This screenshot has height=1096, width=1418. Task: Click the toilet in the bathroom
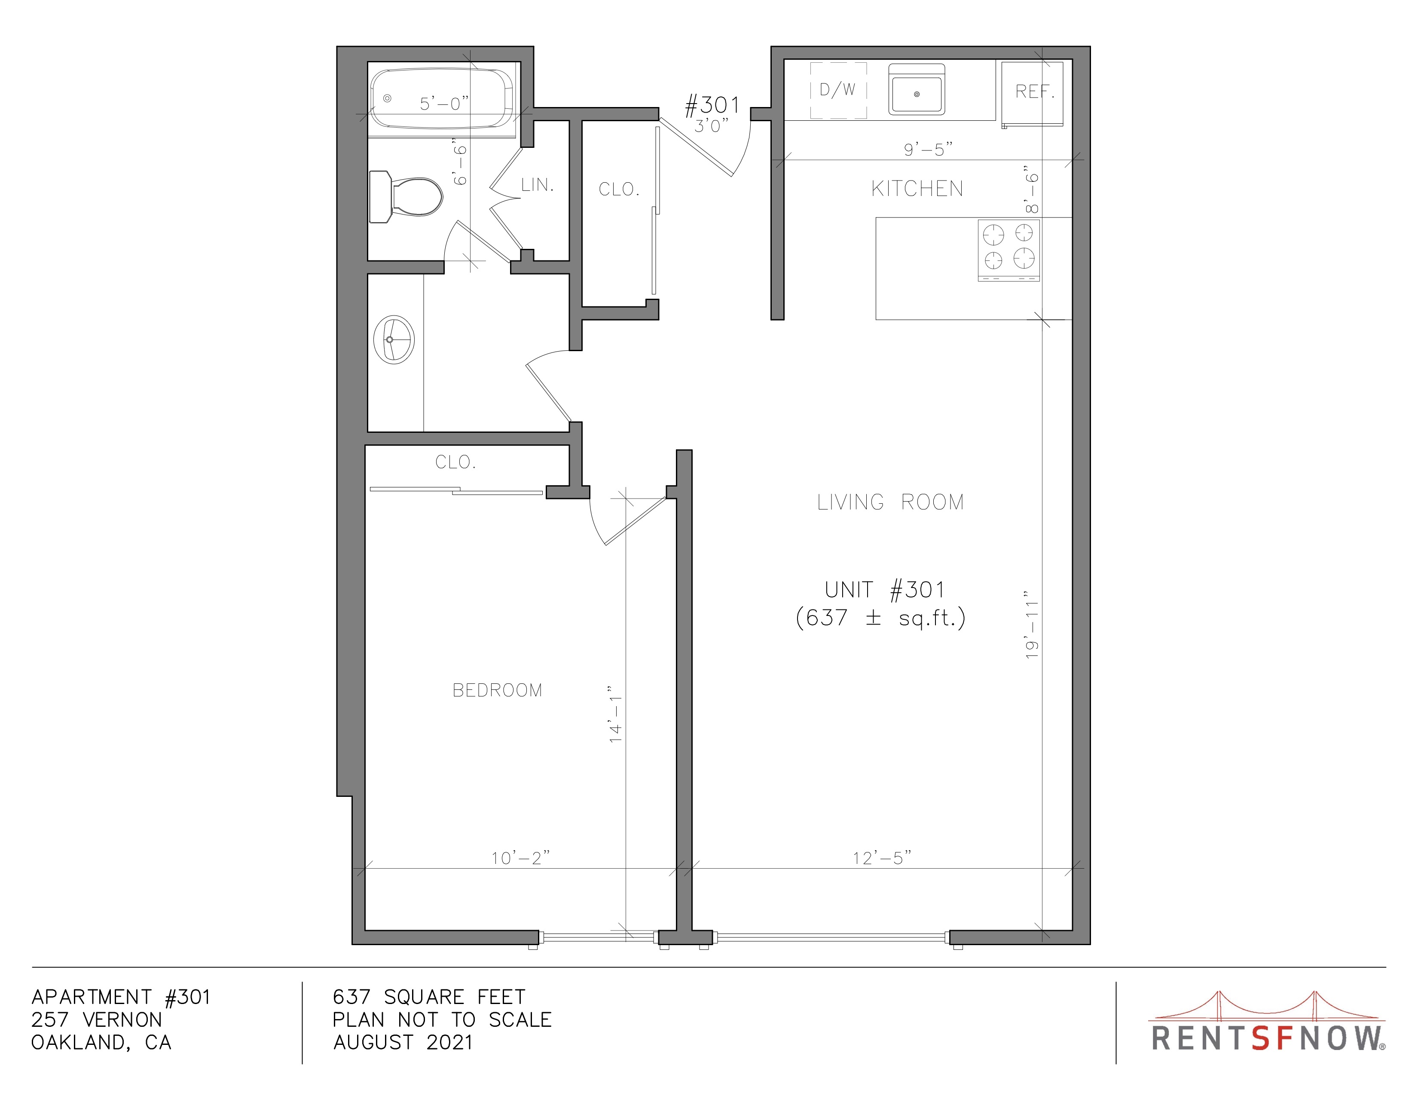pos(405,196)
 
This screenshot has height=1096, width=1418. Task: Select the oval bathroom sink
pos(394,340)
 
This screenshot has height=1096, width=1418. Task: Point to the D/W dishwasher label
pos(837,89)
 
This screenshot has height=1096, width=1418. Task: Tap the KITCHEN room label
pos(917,189)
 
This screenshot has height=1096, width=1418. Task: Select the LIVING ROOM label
pos(890,502)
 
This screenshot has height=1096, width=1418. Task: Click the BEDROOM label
pos(497,690)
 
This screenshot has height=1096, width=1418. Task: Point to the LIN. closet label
pos(538,185)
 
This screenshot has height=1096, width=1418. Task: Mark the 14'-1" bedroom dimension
pos(615,714)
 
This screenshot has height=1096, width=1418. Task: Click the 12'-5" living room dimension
pos(882,858)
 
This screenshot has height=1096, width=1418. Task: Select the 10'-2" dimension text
pos(520,858)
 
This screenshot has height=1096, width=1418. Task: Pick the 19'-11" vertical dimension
pos(1032,625)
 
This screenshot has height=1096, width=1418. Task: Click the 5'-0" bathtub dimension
pos(444,103)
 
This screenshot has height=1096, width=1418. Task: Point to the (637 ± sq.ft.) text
pos(880,618)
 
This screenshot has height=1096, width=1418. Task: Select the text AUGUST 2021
pos(403,1042)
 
